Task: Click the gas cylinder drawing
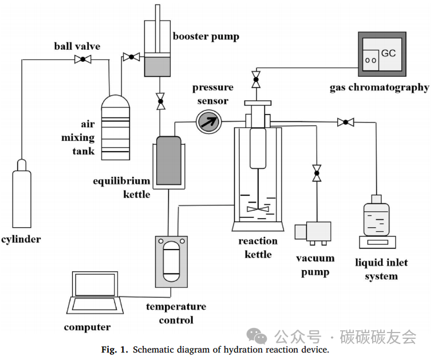21,194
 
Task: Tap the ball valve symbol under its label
84,59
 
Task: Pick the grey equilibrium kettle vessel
168,160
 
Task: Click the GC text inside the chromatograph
388,53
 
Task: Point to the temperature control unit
171,260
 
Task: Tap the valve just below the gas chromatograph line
255,79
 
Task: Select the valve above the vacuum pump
315,173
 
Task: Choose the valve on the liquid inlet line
345,121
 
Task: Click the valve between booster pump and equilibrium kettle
160,102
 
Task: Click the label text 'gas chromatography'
379,88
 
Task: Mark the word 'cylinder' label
21,239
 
